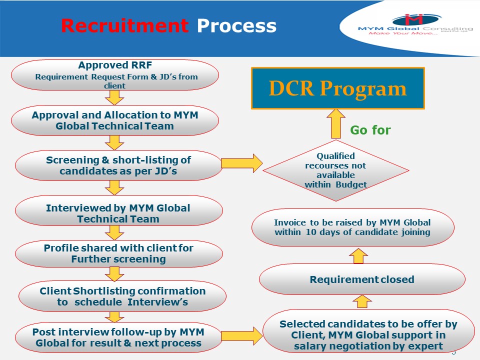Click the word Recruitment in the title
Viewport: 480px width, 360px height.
coord(124,26)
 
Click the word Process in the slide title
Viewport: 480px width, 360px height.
coord(236,26)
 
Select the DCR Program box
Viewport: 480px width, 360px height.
coord(337,88)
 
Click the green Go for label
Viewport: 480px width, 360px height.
coord(370,130)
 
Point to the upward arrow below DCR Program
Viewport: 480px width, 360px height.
coord(335,124)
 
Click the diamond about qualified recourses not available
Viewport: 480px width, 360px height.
coord(335,170)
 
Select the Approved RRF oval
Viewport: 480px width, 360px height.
coord(115,75)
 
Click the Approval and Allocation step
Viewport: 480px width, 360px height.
coord(115,120)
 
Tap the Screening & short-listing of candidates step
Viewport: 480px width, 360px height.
coord(118,165)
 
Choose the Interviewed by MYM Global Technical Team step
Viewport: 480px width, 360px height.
coord(118,213)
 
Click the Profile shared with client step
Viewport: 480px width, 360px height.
coord(118,253)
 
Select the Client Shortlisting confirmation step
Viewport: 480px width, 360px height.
coord(122,296)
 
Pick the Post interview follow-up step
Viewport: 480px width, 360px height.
coord(118,337)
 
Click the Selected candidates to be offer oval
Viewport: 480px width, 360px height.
coord(368,334)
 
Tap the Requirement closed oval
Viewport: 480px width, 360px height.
coord(362,279)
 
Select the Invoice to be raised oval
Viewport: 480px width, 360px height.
coord(352,227)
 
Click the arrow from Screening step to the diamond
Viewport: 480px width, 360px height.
coord(241,163)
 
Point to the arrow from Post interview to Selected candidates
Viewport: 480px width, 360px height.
coord(242,335)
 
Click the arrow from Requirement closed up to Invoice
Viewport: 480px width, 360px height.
coord(358,255)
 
